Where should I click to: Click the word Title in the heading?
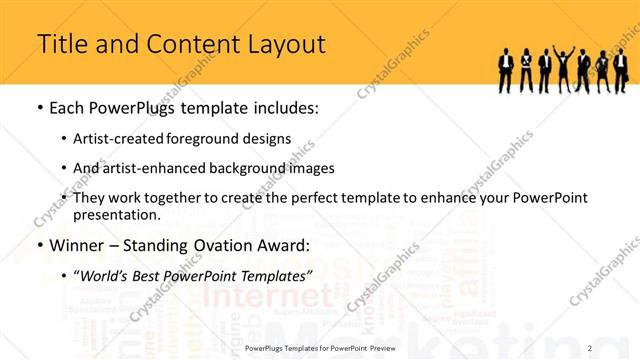click(x=60, y=44)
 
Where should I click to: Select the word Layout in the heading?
click(x=289, y=44)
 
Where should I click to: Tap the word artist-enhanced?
click(x=155, y=168)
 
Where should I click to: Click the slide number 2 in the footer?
click(x=590, y=347)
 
